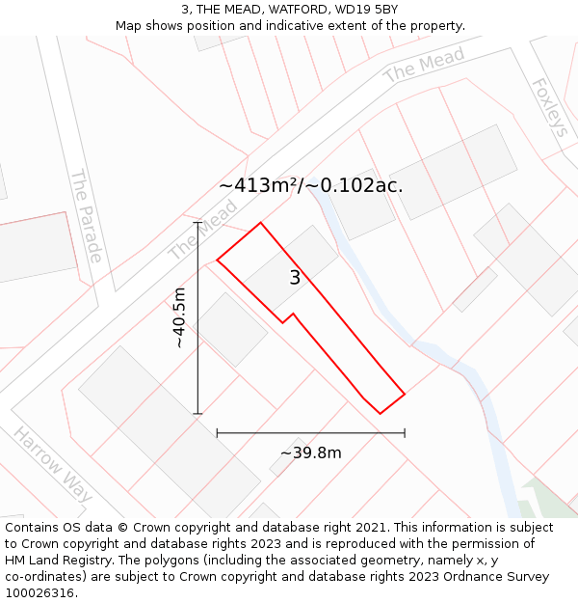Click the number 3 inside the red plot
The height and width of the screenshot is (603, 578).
click(295, 278)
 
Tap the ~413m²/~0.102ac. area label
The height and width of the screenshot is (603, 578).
click(310, 185)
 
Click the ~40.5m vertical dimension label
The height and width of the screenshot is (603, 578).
click(179, 317)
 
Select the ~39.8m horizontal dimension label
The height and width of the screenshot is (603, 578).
click(310, 452)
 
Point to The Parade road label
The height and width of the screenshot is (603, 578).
click(86, 216)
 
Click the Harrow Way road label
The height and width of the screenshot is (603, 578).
click(53, 463)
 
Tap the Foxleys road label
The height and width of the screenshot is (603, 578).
click(551, 107)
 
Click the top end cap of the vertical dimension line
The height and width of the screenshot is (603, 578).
click(197, 223)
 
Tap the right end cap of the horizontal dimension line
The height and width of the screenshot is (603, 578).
click(405, 433)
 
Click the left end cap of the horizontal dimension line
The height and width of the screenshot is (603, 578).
click(217, 433)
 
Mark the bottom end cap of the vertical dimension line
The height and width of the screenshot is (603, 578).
click(197, 414)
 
